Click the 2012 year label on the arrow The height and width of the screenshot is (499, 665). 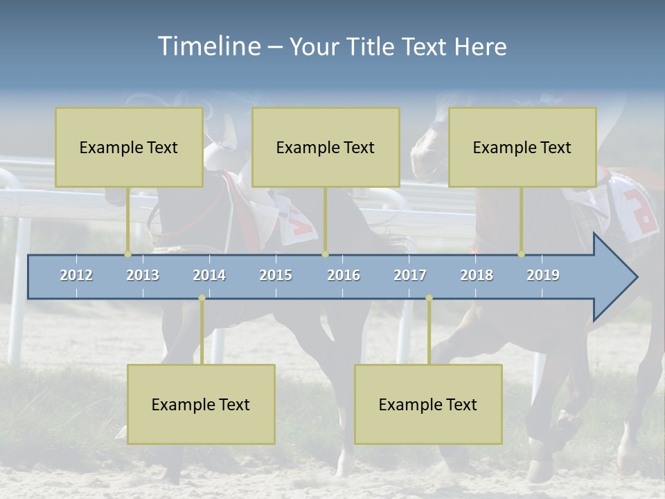click(x=76, y=275)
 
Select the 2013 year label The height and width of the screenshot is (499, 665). click(x=143, y=275)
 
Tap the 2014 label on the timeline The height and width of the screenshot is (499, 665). click(x=209, y=275)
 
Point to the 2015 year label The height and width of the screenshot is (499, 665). click(x=276, y=275)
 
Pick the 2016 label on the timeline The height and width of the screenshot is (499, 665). click(x=344, y=275)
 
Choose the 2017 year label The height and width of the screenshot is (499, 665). click(x=410, y=275)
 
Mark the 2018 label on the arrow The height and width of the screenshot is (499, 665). click(x=477, y=275)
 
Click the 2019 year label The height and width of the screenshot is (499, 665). click(x=543, y=275)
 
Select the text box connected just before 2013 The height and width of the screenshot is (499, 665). click(x=129, y=147)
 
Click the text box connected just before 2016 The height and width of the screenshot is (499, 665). click(x=326, y=147)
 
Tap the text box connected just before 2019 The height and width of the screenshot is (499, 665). click(x=522, y=147)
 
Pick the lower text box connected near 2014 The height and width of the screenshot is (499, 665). click(x=201, y=404)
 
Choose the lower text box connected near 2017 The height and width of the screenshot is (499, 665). click(x=428, y=404)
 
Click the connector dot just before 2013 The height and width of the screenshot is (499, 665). click(x=127, y=254)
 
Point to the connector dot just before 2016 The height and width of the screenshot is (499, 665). click(x=325, y=254)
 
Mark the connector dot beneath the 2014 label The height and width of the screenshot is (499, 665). click(x=202, y=298)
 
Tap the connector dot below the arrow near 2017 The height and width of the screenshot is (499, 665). click(x=429, y=298)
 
